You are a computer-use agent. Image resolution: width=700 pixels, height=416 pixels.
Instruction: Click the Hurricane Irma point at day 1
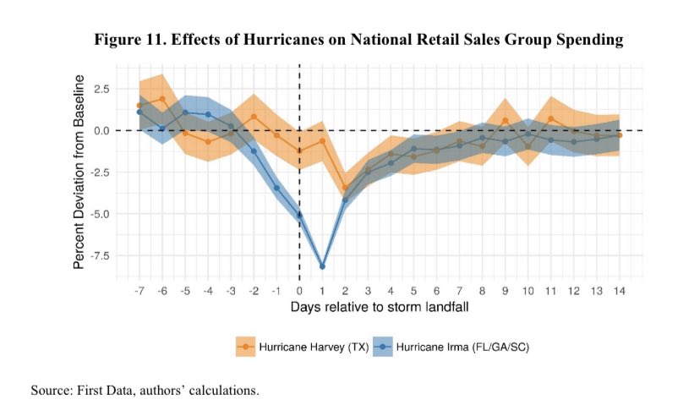tap(322, 266)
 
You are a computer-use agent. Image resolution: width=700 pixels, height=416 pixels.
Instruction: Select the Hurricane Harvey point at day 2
tap(345, 188)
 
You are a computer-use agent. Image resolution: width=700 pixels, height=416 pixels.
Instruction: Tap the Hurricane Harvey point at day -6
tap(162, 99)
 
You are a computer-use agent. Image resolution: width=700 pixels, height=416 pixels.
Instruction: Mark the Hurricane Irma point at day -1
tap(276, 188)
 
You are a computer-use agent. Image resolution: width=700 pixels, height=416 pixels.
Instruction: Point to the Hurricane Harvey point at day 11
tap(550, 119)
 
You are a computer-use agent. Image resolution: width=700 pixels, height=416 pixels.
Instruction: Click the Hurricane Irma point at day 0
tap(299, 215)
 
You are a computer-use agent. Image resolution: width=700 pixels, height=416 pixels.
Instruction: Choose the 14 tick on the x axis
tap(619, 290)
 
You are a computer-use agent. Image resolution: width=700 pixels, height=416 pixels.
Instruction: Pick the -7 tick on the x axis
tap(139, 290)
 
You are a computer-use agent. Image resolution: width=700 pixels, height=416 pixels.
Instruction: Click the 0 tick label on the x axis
tap(299, 290)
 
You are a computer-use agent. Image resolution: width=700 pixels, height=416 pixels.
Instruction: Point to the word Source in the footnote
tap(50, 391)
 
